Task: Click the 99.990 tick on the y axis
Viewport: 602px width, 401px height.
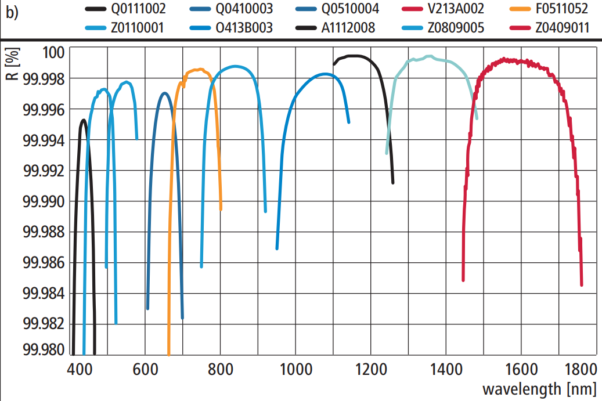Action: pos(45,201)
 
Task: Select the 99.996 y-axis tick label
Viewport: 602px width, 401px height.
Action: pos(45,109)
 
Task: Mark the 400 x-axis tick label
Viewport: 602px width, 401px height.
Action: pos(78,370)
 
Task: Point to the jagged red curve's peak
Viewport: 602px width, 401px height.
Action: pos(504,59)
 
